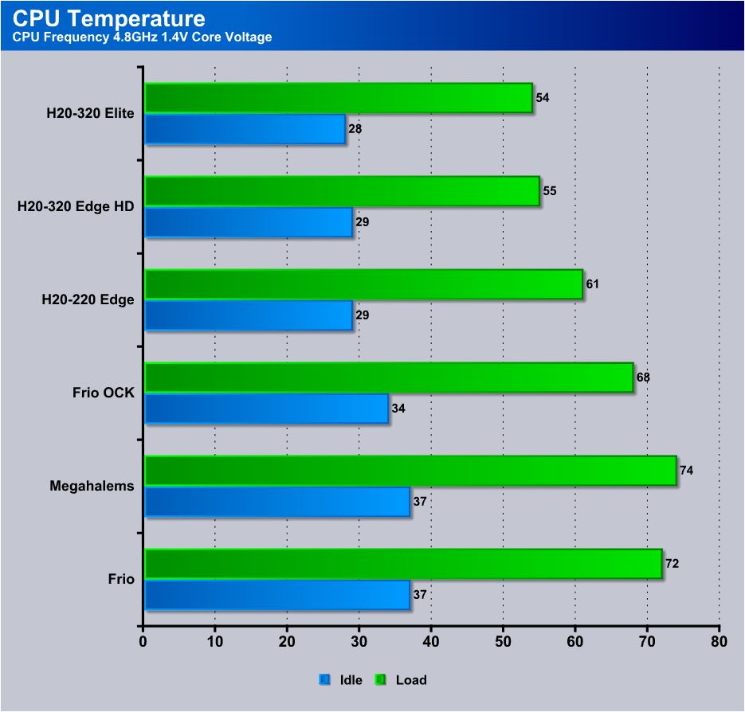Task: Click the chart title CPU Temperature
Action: click(x=109, y=18)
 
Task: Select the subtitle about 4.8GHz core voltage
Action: click(x=142, y=37)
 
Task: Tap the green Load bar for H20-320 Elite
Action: click(x=339, y=98)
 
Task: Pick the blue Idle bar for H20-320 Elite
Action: click(x=245, y=129)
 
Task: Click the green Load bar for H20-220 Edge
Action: click(x=363, y=284)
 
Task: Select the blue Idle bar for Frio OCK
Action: click(x=267, y=408)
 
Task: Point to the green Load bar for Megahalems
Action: click(x=410, y=470)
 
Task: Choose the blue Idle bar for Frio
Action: click(x=277, y=595)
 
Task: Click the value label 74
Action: click(x=687, y=470)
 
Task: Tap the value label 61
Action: click(x=593, y=284)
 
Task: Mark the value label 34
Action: click(x=398, y=409)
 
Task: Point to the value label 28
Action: click(x=355, y=129)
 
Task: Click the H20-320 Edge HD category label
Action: click(x=76, y=206)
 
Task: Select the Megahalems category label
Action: click(x=92, y=486)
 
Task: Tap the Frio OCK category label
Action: click(x=103, y=393)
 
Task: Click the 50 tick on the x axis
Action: click(x=503, y=642)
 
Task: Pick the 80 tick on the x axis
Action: click(x=719, y=642)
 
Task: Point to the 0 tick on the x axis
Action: click(x=143, y=642)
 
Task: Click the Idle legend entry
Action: click(x=340, y=680)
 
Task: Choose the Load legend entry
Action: click(x=401, y=680)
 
